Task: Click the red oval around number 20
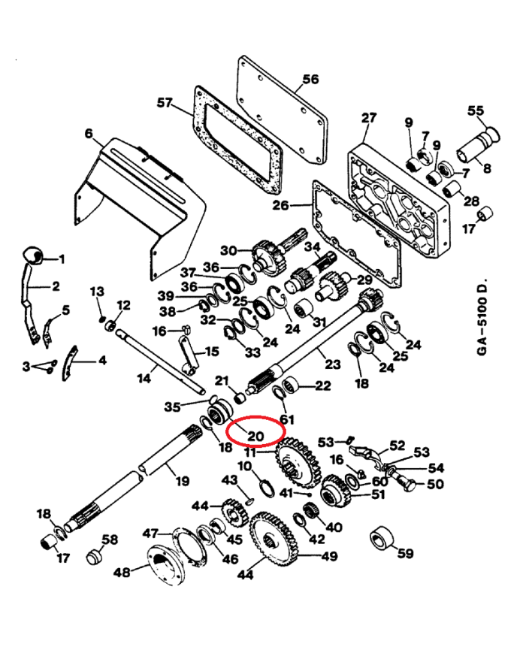coord(255,432)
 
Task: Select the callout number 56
coord(310,79)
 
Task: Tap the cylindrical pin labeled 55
coord(479,147)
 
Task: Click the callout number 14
coord(143,378)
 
